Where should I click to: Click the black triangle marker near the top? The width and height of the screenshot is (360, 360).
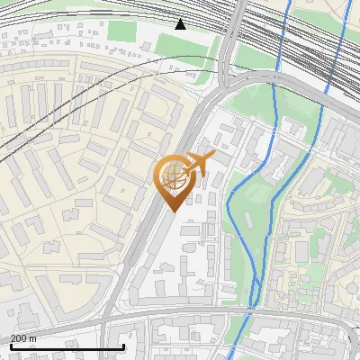point(181,24)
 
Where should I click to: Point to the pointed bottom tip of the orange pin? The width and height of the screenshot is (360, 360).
point(173,211)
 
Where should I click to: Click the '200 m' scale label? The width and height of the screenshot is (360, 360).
point(23,338)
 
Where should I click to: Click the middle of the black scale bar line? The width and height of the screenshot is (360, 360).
point(67,346)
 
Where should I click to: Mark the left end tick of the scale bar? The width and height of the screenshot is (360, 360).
point(11,346)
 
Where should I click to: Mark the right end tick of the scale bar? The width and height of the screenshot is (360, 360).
point(123,346)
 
